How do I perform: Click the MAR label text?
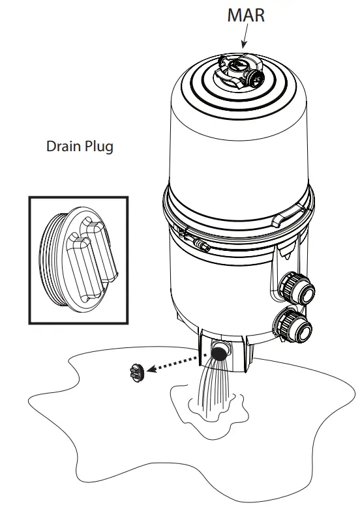[x=246, y=15]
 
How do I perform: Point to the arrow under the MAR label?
[x=244, y=39]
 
